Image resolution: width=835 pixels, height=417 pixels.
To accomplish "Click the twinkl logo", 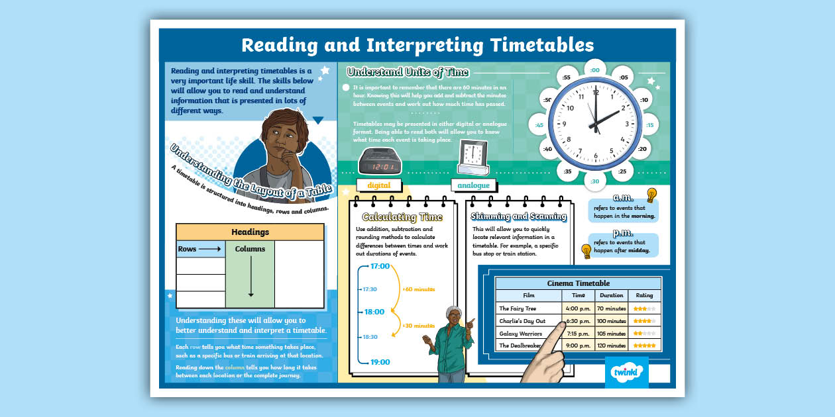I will [626, 372].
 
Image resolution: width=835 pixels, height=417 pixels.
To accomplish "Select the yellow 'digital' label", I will [378, 185].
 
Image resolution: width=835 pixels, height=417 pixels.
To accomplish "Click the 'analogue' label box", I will [473, 185].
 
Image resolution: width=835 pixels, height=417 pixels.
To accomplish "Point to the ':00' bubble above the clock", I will [594, 70].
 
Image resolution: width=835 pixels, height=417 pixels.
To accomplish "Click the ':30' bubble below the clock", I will [594, 181].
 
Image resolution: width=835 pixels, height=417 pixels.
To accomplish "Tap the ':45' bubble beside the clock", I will [539, 125].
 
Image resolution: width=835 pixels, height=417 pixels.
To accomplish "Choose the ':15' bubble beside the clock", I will [649, 125].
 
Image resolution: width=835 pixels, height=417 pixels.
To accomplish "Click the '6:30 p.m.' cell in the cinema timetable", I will [579, 321].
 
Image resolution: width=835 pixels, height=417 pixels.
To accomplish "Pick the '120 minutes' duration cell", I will [611, 346].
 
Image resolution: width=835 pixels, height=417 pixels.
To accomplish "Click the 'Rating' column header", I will [644, 295].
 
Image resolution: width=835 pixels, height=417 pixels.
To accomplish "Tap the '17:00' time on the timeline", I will [380, 266].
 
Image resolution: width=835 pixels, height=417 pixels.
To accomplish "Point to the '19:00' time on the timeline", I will [380, 362].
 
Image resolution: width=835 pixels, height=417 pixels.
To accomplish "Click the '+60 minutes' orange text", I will [418, 289].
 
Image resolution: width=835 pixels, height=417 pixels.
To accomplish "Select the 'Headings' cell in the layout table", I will [250, 232].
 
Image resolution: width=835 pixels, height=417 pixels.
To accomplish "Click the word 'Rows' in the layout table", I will [187, 249].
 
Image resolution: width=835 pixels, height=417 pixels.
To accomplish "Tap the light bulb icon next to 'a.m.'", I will [651, 195].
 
